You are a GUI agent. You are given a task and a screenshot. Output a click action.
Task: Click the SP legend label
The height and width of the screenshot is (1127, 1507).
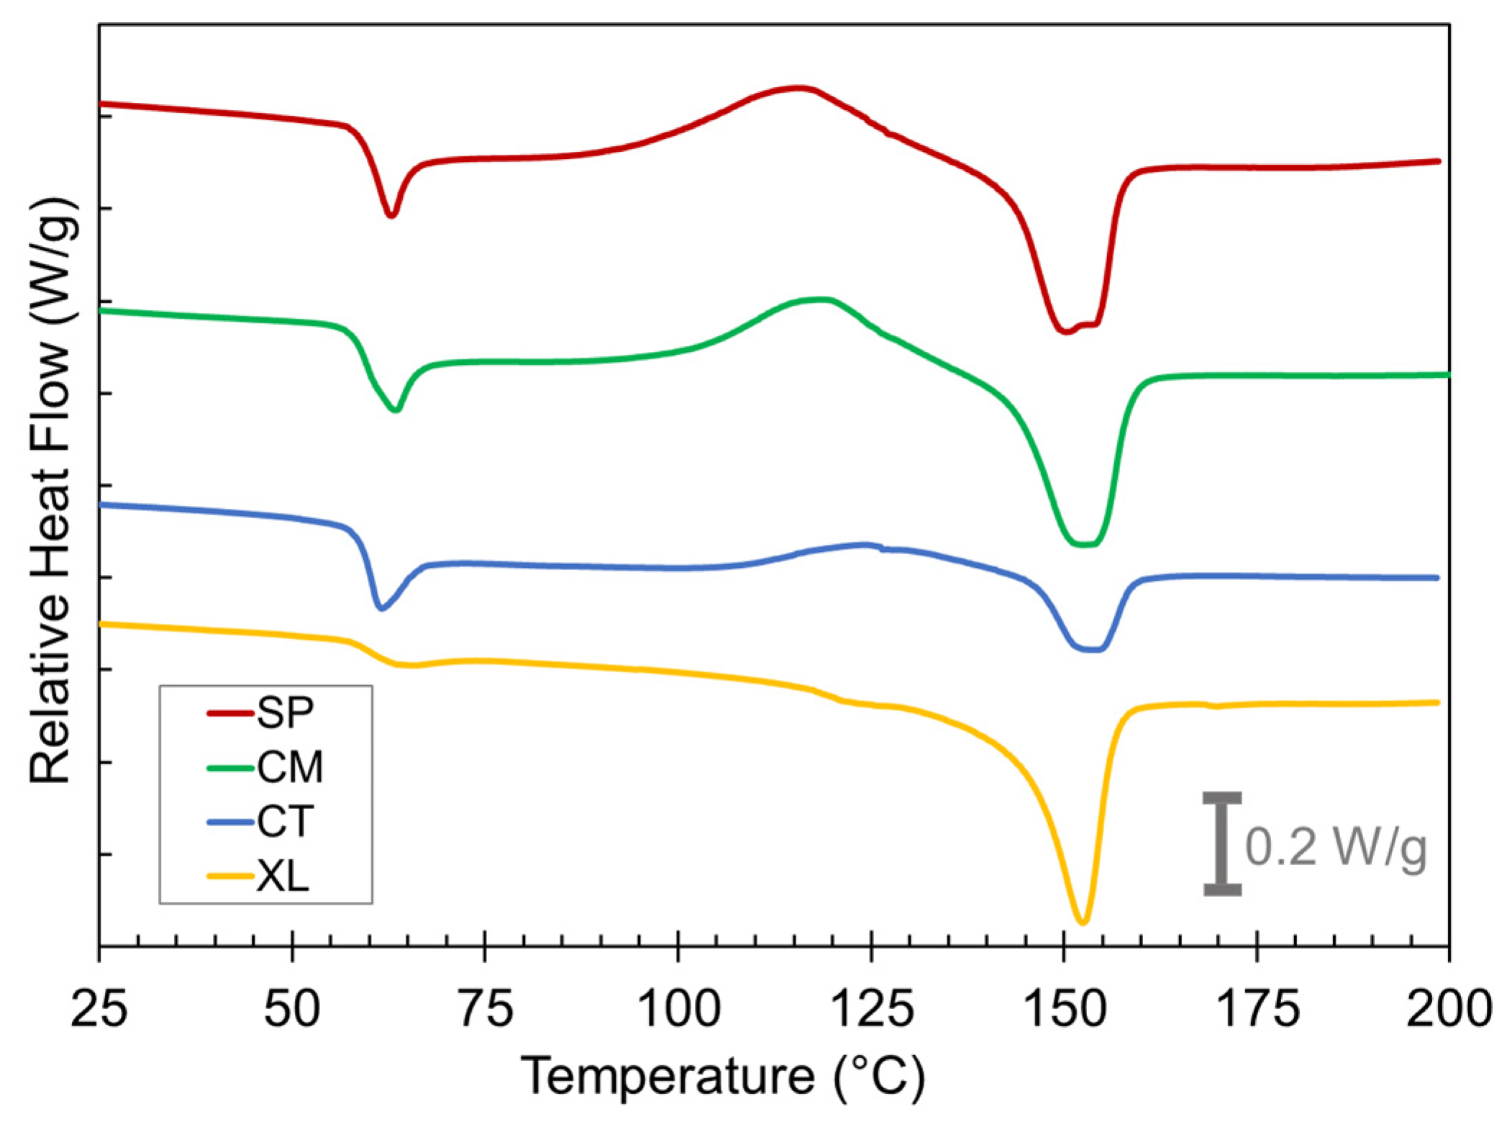285,713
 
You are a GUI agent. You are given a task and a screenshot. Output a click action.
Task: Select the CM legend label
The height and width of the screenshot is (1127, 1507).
290,768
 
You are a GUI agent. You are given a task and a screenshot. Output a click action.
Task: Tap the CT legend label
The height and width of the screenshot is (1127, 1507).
285,822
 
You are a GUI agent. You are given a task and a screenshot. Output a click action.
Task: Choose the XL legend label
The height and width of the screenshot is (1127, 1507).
283,877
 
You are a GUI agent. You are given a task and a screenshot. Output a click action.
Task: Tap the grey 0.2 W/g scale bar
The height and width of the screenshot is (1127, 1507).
1222,843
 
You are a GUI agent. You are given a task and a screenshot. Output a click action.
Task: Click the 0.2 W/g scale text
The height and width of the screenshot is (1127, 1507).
1336,847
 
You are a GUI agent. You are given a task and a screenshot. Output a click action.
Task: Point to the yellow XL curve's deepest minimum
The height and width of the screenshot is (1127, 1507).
1083,922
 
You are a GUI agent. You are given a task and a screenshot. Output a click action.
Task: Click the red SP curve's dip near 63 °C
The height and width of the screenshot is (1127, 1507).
391,215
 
